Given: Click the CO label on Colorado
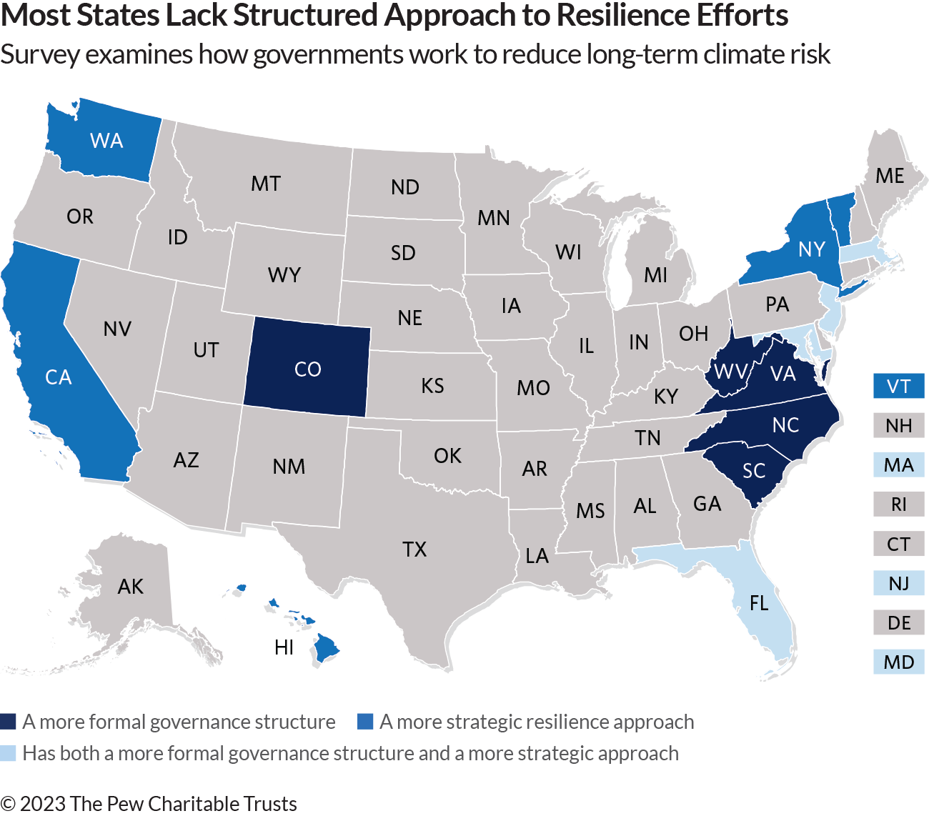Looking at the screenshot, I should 308,369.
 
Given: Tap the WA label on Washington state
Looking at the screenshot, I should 106,141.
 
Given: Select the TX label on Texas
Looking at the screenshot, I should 414,549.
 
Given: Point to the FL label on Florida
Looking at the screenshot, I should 759,604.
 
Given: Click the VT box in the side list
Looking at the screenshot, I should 898,387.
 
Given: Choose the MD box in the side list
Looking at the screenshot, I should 898,662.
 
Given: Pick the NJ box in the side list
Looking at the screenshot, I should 898,583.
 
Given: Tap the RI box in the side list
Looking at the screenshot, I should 898,504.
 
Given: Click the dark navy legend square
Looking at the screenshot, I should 8,722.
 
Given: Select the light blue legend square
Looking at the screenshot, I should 8,753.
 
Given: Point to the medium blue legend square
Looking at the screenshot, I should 364,722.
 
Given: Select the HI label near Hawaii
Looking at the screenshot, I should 284,647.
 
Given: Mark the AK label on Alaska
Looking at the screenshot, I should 131,587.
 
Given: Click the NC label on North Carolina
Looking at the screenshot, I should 785,425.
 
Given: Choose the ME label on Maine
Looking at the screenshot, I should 890,176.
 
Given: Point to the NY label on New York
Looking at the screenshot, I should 812,249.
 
